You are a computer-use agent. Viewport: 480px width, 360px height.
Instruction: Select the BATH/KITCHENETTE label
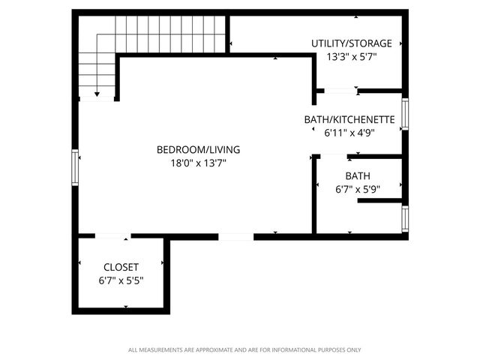[349, 119]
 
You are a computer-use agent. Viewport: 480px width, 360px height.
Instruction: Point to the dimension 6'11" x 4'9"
[349, 132]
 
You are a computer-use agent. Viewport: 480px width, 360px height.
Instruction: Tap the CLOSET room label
[121, 267]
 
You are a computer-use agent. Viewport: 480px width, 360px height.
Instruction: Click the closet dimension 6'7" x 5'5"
[121, 280]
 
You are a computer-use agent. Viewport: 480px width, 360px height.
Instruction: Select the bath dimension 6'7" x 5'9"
[358, 189]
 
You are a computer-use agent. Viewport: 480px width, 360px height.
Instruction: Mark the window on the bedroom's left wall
[75, 166]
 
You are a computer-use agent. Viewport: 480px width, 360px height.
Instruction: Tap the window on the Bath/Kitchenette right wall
[404, 113]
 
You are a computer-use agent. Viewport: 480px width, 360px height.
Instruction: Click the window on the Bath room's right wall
[405, 217]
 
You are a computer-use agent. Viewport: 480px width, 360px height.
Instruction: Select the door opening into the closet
[112, 236]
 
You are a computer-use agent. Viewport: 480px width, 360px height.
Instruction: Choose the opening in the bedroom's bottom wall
[235, 236]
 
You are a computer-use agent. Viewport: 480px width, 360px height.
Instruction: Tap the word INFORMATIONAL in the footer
[300, 349]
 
